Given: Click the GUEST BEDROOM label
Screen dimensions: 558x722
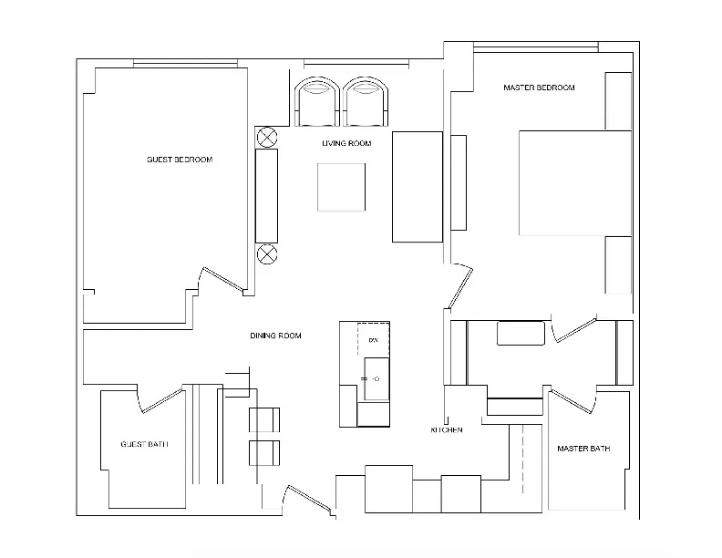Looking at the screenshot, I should (x=180, y=160).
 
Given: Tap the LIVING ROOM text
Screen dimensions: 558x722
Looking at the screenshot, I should (x=346, y=143).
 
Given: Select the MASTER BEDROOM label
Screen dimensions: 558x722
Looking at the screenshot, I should (x=539, y=88).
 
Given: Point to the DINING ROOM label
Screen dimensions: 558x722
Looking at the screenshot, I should (x=275, y=336).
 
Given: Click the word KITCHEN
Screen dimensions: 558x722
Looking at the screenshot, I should (x=447, y=429).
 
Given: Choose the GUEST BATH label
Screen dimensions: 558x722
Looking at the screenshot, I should (x=144, y=445).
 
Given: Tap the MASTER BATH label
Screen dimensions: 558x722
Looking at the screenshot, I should (x=583, y=449).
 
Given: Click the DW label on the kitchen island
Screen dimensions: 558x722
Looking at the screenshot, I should (x=372, y=340).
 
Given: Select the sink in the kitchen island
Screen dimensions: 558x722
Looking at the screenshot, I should (x=375, y=377).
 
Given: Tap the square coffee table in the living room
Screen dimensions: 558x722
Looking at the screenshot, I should (x=342, y=187).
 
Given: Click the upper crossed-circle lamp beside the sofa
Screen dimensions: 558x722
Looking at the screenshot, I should (x=267, y=137).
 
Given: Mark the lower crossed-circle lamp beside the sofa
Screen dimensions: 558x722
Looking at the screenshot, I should (x=267, y=253).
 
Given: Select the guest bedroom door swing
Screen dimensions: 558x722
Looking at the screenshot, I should (x=222, y=279).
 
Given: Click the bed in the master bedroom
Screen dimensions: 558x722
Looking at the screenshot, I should (x=574, y=182).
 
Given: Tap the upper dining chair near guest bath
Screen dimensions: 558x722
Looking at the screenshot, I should (x=264, y=419).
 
